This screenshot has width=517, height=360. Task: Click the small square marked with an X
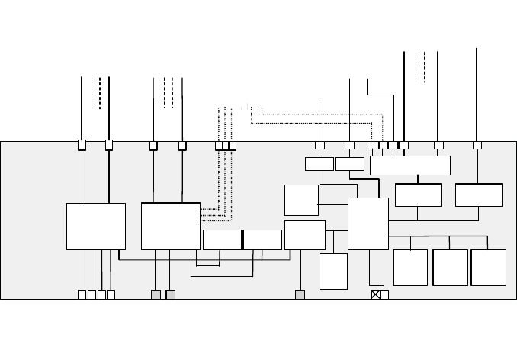coord(375,294)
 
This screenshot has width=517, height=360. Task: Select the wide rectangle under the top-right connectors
coord(410,166)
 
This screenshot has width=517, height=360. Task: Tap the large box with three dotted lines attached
coord(171,226)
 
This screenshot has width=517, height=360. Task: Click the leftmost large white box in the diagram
coord(96,226)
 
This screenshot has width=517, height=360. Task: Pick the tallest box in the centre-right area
coord(368,223)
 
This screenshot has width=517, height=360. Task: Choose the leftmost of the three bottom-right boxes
coord(410,268)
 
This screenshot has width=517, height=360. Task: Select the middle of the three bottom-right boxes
coord(450,268)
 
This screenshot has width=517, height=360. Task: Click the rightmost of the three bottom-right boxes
coord(489,268)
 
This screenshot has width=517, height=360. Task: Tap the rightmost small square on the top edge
coord(477,145)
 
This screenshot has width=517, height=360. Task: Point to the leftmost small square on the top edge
coord(82,145)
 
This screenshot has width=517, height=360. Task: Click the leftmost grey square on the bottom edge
coord(156,294)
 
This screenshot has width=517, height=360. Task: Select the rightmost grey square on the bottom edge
coord(300,294)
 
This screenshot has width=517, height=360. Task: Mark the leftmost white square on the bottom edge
coord(82,294)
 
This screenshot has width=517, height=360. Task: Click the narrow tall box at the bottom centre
coord(333,271)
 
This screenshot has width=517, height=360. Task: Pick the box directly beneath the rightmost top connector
coord(478,194)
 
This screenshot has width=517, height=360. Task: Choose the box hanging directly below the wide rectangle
coord(418,194)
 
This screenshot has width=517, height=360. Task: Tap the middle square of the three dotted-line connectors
coord(226,145)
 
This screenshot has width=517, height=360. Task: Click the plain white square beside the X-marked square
coord(384,294)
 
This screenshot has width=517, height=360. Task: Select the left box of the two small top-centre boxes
coord(319,164)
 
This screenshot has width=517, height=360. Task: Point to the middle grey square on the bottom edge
coord(170,294)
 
